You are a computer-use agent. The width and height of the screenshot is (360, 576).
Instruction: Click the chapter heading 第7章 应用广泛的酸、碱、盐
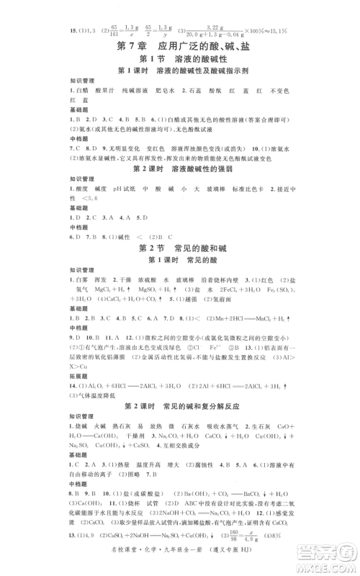point(180,47)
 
